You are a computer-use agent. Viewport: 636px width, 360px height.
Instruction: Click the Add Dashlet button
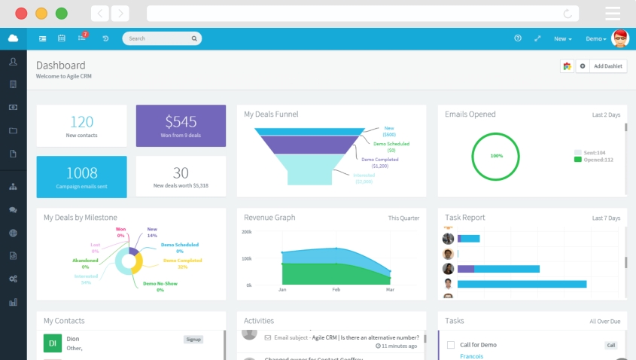pos(607,66)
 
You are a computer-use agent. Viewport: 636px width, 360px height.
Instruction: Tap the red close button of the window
pos(21,14)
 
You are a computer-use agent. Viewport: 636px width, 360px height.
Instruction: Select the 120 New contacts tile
pos(81,125)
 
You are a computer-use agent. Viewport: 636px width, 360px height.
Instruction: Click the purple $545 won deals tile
pos(181,125)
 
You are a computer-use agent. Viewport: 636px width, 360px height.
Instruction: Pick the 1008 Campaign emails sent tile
pos(81,176)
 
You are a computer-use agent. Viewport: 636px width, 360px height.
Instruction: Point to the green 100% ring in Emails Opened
pos(496,156)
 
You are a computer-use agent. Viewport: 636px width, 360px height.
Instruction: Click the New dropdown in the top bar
pos(563,38)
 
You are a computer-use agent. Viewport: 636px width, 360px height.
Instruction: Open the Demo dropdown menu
pos(596,38)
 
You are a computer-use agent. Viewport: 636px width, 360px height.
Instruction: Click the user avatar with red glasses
pos(620,38)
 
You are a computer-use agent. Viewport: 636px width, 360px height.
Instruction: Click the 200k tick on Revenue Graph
pos(247,232)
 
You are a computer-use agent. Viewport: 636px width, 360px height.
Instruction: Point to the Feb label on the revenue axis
pos(336,289)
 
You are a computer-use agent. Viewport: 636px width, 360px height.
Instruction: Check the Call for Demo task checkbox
pos(451,345)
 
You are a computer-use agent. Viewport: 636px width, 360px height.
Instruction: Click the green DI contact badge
pos(53,343)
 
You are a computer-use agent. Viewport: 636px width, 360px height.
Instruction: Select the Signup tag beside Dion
pos(193,340)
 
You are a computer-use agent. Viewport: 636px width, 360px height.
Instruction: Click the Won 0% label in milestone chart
pos(120,232)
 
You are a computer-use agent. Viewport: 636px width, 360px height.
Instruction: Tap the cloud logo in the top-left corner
pos(13,38)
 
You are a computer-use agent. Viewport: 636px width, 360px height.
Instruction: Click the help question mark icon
pos(518,38)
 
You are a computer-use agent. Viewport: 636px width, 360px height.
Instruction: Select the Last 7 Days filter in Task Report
pos(606,218)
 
